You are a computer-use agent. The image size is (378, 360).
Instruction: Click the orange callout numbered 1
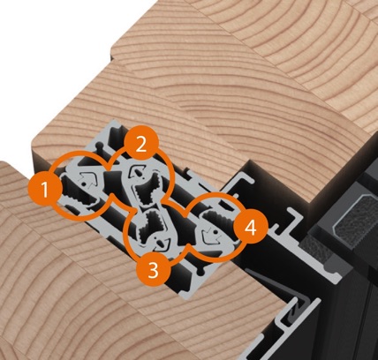coord(45,190)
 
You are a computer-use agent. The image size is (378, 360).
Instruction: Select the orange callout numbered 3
coord(153,269)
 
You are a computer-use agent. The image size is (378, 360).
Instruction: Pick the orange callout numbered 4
coord(251,227)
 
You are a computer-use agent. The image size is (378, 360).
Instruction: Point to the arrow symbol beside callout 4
coord(211,236)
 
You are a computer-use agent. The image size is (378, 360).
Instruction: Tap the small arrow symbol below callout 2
coord(136,170)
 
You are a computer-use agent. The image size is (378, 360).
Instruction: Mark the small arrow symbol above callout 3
coord(162,242)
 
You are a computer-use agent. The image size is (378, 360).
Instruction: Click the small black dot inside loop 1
coord(84,184)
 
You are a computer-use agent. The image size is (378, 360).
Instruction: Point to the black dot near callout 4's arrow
coord(215,232)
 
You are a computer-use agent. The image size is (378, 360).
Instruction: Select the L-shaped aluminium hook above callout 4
coord(241,183)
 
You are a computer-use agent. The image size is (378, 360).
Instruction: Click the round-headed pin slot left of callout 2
coord(101,147)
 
